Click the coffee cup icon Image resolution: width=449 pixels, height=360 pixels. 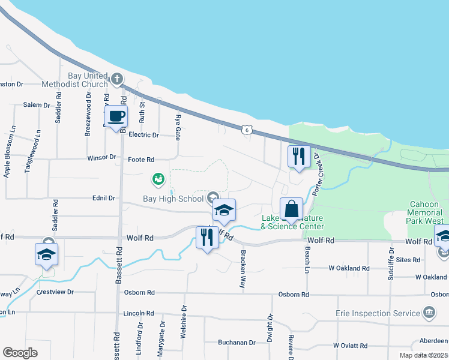pyautogui.click(x=116, y=116)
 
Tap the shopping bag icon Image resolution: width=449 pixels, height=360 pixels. pyautogui.click(x=291, y=210)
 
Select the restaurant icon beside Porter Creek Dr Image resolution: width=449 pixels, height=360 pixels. pyautogui.click(x=299, y=157)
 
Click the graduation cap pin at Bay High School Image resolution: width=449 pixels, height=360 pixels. pyautogui.click(x=224, y=211)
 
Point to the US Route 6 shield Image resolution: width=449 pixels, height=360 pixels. pyautogui.click(x=246, y=129)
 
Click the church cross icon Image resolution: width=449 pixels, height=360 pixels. pyautogui.click(x=117, y=78)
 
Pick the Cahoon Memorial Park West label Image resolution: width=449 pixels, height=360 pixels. pyautogui.click(x=427, y=212)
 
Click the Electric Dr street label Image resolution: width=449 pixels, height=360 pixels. pyautogui.click(x=144, y=135)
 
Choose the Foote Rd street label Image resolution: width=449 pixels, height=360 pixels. pyautogui.click(x=141, y=160)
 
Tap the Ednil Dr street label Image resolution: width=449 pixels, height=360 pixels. pyautogui.click(x=103, y=197)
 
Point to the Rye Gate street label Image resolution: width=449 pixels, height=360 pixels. pyautogui.click(x=178, y=126)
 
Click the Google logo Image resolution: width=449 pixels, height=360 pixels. pyautogui.click(x=20, y=353)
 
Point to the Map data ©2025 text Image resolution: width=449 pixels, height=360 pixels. pyautogui.click(x=423, y=355)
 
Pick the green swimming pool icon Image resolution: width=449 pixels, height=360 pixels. pyautogui.click(x=158, y=179)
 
